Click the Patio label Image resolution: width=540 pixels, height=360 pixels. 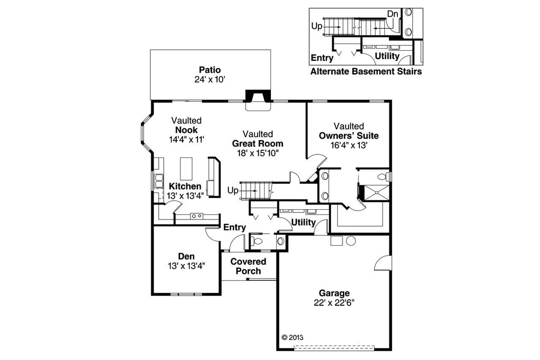(210, 70)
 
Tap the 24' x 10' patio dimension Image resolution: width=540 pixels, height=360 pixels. (210, 80)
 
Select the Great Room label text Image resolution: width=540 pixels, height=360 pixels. (257, 144)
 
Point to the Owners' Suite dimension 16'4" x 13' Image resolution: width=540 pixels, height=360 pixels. (349, 145)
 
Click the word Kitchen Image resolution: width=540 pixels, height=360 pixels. (185, 186)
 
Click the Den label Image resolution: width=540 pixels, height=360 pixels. (186, 257)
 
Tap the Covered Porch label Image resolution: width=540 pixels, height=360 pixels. (248, 266)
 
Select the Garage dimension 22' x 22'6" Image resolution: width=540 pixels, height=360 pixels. (334, 302)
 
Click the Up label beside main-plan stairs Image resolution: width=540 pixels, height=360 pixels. (233, 190)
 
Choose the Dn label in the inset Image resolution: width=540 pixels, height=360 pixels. (392, 14)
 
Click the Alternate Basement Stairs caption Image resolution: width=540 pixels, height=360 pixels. (366, 72)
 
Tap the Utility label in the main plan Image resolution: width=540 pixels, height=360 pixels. (303, 222)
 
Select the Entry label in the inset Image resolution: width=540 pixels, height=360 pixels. (322, 58)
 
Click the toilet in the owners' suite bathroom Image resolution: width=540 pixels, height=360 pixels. (383, 176)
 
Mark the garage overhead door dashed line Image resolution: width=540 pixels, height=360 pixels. (334, 347)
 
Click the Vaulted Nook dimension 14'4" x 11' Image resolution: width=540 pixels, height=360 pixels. (187, 139)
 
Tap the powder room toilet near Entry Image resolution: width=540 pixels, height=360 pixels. (258, 241)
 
